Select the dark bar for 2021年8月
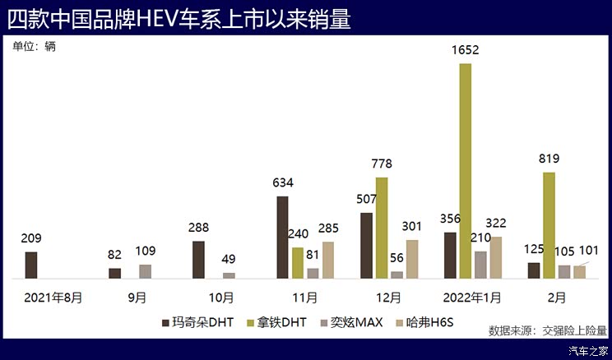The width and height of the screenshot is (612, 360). point(31,265)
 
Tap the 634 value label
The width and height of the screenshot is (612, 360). point(283,182)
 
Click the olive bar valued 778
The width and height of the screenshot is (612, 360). point(382,228)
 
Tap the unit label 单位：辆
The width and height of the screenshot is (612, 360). point(35,47)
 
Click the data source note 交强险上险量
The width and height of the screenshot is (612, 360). point(547,331)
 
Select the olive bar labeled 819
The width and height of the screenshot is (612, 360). point(549,225)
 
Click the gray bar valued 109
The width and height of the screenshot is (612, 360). point(146,271)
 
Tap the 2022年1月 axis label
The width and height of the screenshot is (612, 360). point(472,297)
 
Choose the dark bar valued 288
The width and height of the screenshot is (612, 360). point(198,260)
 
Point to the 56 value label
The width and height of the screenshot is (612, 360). point(397,258)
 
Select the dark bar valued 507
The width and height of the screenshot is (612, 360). point(366,246)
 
